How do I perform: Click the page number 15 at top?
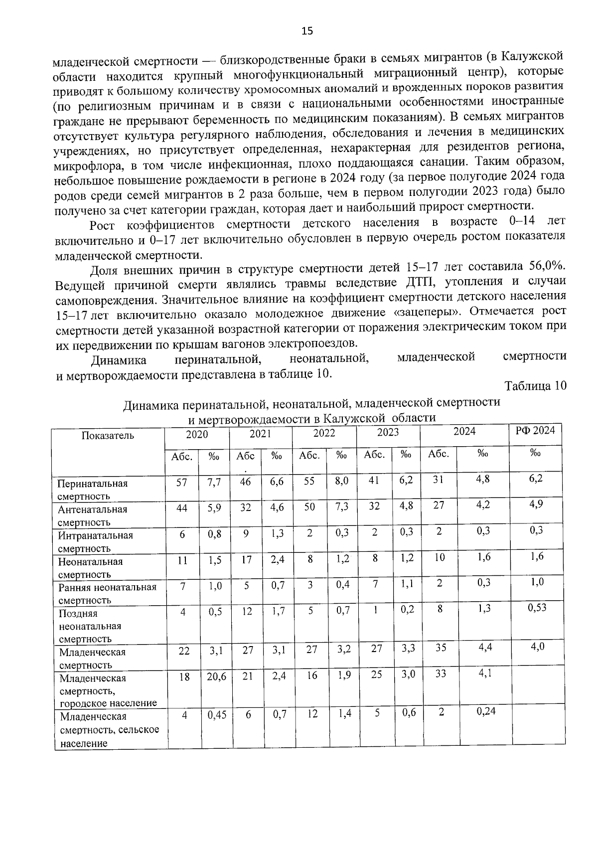[307, 31]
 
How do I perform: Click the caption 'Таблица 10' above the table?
[535, 386]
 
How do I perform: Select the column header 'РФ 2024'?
[535, 431]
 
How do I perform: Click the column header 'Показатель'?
[108, 435]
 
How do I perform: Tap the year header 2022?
[324, 433]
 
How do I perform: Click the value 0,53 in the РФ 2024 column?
[537, 607]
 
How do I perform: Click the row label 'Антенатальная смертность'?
[93, 515]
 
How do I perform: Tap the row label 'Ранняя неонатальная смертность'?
[107, 593]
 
